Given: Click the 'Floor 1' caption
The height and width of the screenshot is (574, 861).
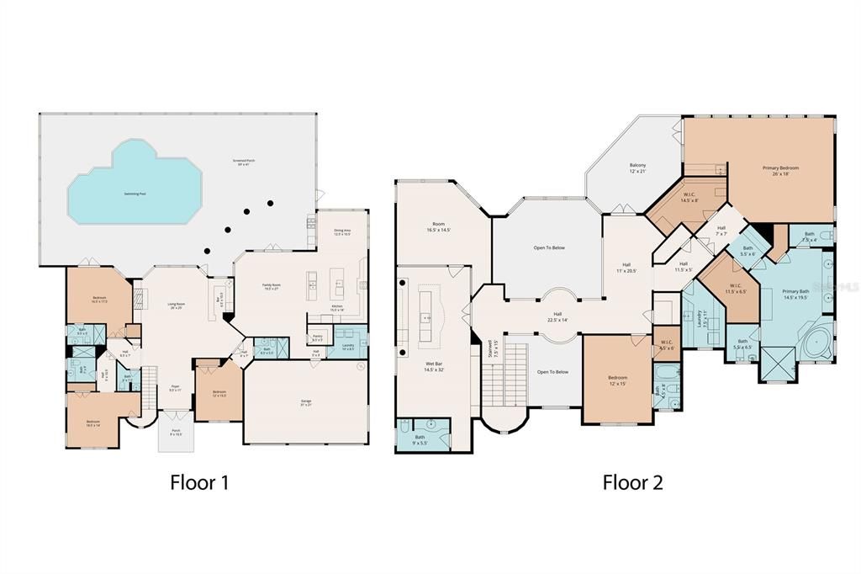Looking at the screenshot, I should (x=199, y=482).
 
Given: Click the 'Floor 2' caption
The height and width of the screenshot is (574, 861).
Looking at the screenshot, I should (x=632, y=482).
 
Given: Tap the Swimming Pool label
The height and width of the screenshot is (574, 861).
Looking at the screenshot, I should (x=135, y=193).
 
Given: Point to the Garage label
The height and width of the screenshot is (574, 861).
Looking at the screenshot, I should (x=305, y=403).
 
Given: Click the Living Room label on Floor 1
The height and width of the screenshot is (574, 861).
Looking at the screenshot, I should (x=176, y=306).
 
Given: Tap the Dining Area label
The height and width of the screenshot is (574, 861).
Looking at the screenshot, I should (x=342, y=232).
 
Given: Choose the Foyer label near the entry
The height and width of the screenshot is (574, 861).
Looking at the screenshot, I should (x=175, y=388).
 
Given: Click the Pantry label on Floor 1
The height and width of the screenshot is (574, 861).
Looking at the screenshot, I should (x=317, y=338).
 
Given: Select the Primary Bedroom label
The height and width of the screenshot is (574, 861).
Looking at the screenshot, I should (x=780, y=170).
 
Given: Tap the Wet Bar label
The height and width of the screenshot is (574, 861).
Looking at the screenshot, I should (x=433, y=367).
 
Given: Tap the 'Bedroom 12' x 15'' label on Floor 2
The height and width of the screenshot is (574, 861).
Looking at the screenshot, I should (x=617, y=380).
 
